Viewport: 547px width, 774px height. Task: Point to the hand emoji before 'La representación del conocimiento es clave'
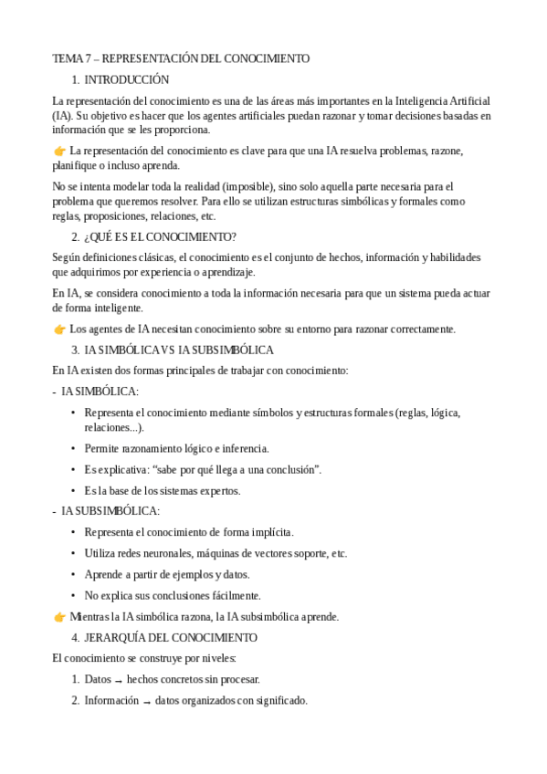(x=59, y=151)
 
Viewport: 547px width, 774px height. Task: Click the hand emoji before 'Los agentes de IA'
(x=59, y=329)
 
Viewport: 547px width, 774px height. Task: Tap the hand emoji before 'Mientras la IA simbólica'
(x=59, y=616)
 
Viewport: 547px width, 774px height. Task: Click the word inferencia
(x=246, y=448)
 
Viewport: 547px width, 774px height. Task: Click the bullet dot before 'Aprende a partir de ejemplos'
(x=73, y=574)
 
